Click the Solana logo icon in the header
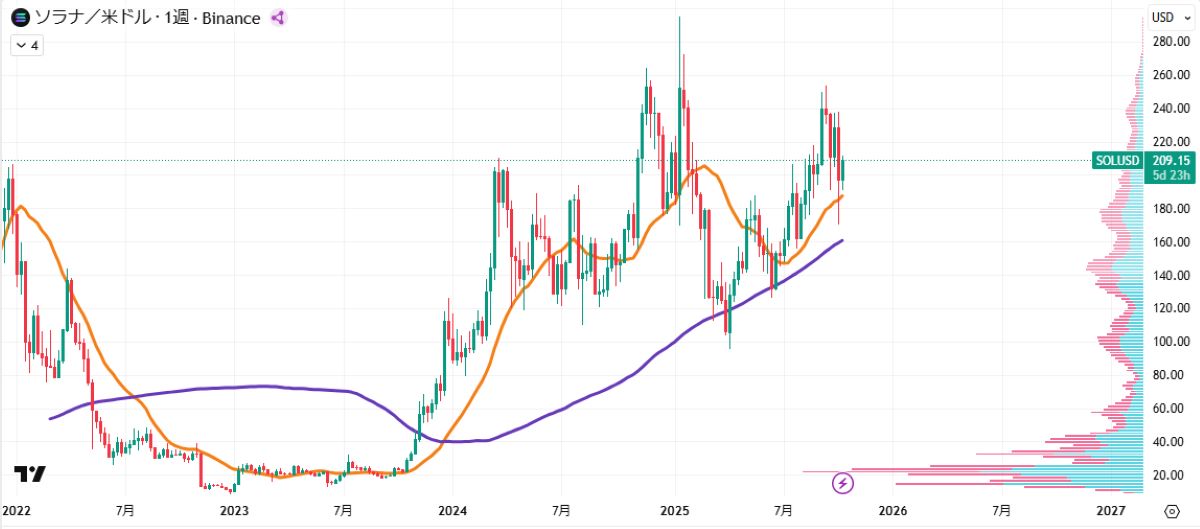click(x=19, y=17)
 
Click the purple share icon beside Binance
click(x=278, y=17)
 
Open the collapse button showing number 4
click(x=25, y=45)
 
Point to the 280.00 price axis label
click(x=1169, y=41)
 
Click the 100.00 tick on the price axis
click(x=1169, y=341)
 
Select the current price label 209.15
click(x=1168, y=160)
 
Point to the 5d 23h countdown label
click(x=1168, y=175)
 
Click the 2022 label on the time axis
click(x=17, y=510)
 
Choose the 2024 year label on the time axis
click(x=452, y=510)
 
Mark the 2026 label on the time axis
click(x=893, y=510)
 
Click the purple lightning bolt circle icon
click(x=843, y=484)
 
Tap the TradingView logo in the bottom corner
click(x=30, y=475)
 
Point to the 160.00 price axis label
click(x=1169, y=241)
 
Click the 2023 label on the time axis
click(x=234, y=510)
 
